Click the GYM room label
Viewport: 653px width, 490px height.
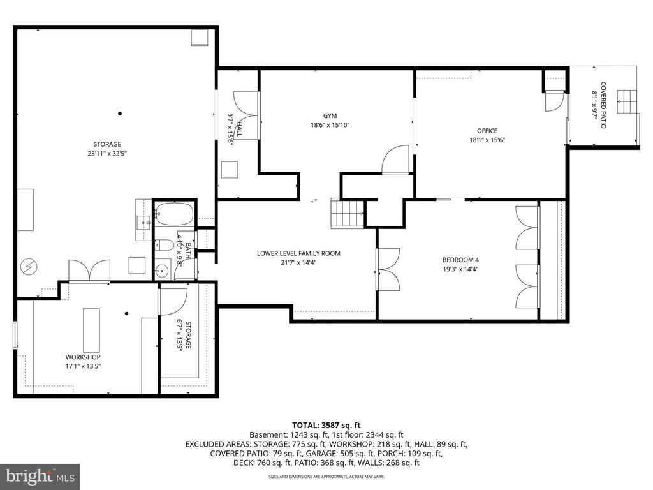click(x=330, y=115)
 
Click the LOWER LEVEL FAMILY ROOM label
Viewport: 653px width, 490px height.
click(x=298, y=253)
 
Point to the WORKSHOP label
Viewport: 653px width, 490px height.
click(x=83, y=357)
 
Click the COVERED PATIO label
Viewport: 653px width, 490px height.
click(x=603, y=105)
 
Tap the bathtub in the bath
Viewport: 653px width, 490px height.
click(x=173, y=214)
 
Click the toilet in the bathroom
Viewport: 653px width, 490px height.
click(x=163, y=245)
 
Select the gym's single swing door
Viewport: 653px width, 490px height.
click(x=395, y=160)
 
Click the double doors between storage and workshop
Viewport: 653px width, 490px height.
click(x=89, y=271)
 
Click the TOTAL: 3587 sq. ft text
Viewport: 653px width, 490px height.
click(x=326, y=424)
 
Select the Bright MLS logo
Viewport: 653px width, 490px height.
click(x=40, y=476)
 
